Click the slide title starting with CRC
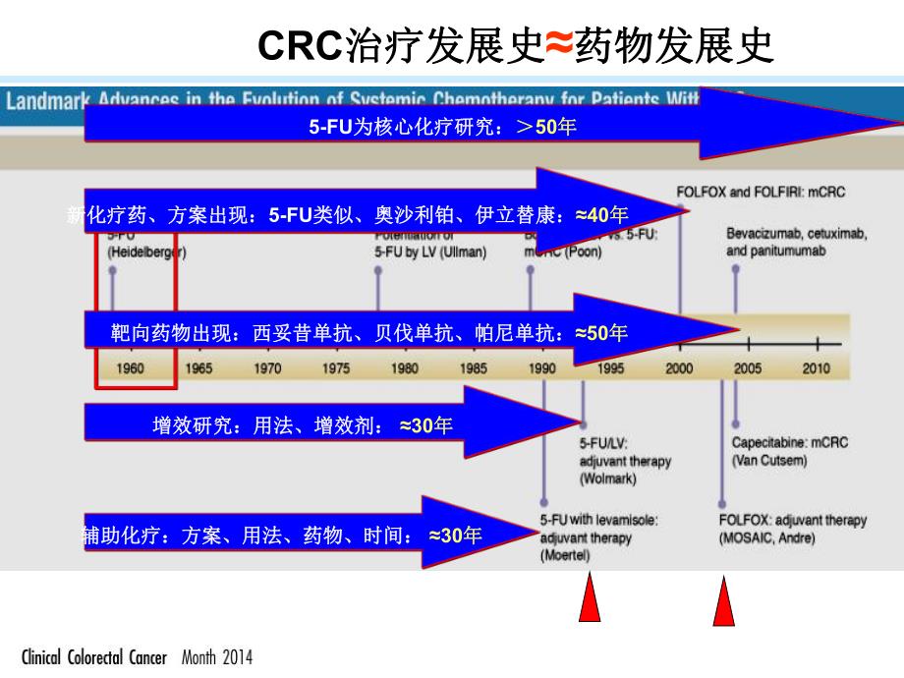tap(515, 45)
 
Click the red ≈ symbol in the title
tap(558, 45)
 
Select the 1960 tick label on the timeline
tap(131, 368)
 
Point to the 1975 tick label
tap(336, 368)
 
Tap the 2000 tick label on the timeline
tap(679, 368)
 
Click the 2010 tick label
tap(816, 368)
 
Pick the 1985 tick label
tap(473, 368)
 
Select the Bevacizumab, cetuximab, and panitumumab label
tap(797, 243)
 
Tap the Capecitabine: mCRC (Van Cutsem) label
tap(789, 451)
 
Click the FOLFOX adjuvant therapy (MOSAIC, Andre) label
tap(792, 529)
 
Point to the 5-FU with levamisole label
tap(598, 520)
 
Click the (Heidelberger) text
tap(146, 253)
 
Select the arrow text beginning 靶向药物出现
tap(368, 333)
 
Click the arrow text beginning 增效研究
tap(303, 425)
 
